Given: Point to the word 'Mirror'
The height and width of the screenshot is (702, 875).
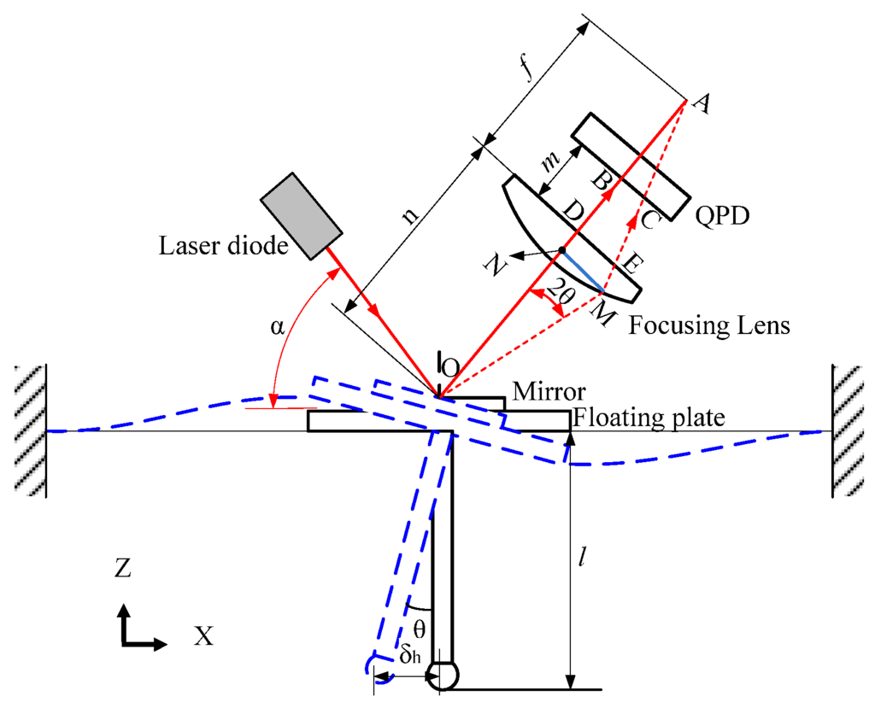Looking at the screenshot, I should (548, 392).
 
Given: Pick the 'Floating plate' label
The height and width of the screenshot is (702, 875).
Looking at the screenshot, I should (649, 418).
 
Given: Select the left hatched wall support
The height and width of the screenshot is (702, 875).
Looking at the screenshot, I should (29, 430).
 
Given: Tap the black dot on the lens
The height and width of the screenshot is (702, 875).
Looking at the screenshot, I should (561, 251).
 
